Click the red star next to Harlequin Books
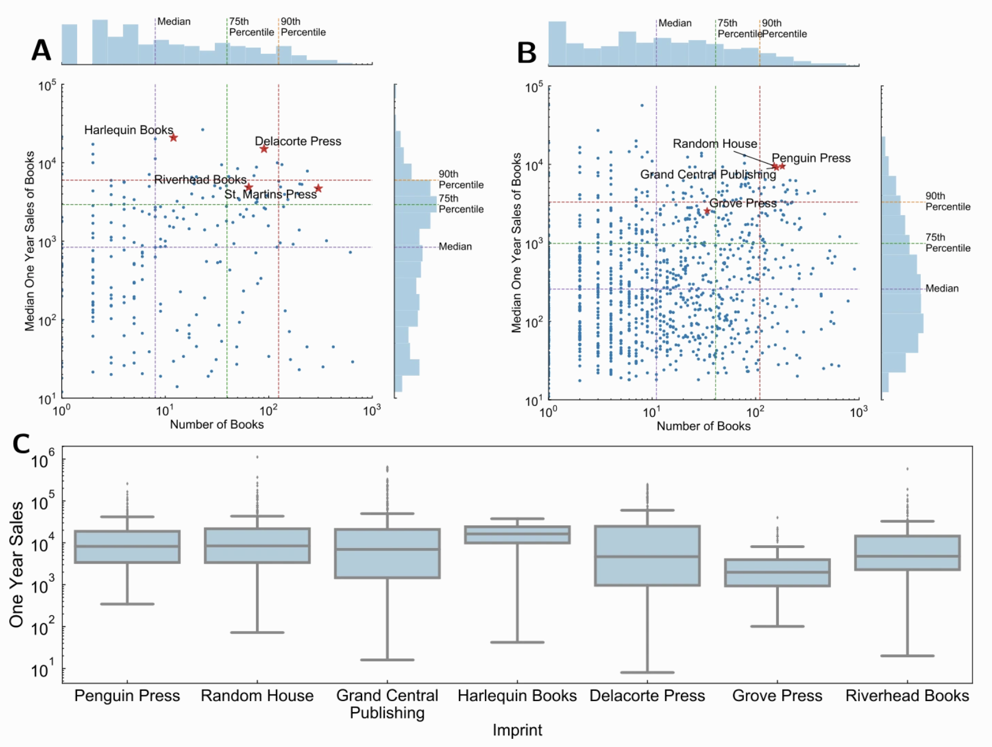[x=173, y=137]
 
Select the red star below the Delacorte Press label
[x=264, y=149]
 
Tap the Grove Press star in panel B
[x=707, y=211]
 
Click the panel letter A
[x=41, y=50]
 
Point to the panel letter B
[x=527, y=53]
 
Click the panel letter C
[x=21, y=445]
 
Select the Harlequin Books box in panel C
[x=517, y=535]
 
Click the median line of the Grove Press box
[x=777, y=572]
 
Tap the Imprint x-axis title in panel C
[x=517, y=730]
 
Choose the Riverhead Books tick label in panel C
[x=907, y=696]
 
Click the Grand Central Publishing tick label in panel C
[x=387, y=704]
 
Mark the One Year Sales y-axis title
[x=17, y=564]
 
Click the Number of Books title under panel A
[x=217, y=425]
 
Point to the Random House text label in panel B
[x=714, y=143]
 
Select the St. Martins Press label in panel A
[x=271, y=194]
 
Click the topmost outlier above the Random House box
[x=257, y=457]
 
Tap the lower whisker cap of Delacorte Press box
[x=647, y=673]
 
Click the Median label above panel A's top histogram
[x=174, y=21]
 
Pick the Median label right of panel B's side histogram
[x=942, y=288]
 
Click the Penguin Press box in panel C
[x=127, y=547]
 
